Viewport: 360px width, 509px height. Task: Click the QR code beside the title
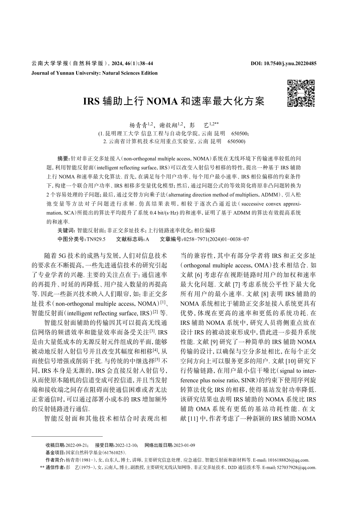[301, 93]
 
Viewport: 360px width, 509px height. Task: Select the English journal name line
[95, 73]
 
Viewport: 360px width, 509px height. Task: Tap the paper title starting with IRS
[174, 101]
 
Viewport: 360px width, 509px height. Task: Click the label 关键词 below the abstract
[66, 230]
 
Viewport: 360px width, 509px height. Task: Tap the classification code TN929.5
[96, 239]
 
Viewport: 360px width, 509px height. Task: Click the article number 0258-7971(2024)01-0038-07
[216, 239]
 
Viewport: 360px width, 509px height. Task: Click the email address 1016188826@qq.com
[288, 460]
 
